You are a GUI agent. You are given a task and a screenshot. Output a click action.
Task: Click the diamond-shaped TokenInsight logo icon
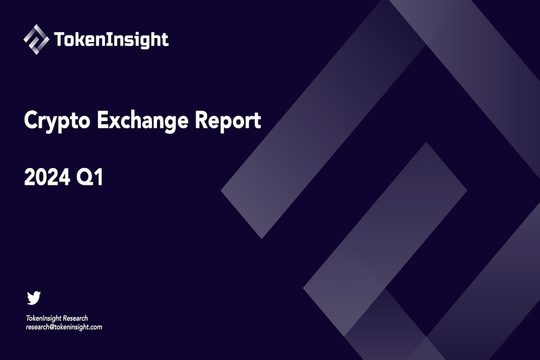36,40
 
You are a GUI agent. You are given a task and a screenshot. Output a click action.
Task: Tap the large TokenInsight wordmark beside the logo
111,40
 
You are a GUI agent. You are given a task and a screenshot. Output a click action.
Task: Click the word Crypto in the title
57,121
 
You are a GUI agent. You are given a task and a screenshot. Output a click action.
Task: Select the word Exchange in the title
143,121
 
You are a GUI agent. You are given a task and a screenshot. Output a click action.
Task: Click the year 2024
47,178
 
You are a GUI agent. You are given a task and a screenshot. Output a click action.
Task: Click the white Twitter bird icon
34,298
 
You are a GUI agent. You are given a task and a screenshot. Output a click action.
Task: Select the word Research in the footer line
75,318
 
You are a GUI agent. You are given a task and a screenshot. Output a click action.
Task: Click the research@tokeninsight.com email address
64,327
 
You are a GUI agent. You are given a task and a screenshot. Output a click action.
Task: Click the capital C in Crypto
30,120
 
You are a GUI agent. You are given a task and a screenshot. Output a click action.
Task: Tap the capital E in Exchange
103,120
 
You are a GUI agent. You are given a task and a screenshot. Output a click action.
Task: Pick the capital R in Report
201,120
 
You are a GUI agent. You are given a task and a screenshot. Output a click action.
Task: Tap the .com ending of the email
96,327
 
